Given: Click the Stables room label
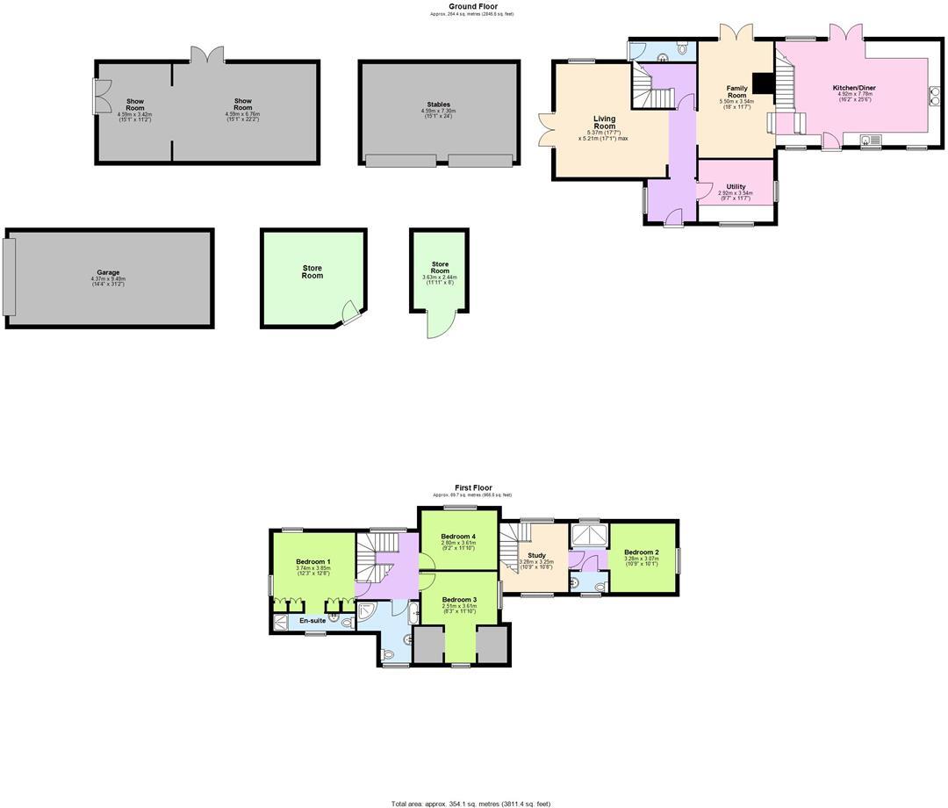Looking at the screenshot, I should click(439, 105).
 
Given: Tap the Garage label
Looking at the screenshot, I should click(108, 273).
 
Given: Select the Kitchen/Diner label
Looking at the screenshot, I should click(854, 88).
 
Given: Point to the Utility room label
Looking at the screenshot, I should click(736, 187).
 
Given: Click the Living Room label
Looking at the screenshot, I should click(604, 122).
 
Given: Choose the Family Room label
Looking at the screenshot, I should click(736, 91).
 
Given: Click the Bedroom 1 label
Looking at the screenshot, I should click(312, 562).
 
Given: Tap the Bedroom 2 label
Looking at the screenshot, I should click(641, 552).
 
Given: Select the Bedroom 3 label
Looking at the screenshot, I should click(459, 600).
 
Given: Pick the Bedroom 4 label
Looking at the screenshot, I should click(458, 537).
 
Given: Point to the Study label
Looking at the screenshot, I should click(536, 555).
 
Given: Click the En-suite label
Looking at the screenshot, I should click(312, 621).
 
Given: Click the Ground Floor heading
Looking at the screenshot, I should click(473, 6).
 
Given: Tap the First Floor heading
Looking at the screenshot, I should click(473, 487).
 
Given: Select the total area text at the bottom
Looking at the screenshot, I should click(471, 803).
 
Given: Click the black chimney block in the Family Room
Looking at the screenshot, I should click(764, 83).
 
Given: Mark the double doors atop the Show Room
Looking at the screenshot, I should click(207, 54).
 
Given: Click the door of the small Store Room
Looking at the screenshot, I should click(438, 325).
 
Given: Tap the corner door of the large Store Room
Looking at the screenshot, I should click(350, 313).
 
